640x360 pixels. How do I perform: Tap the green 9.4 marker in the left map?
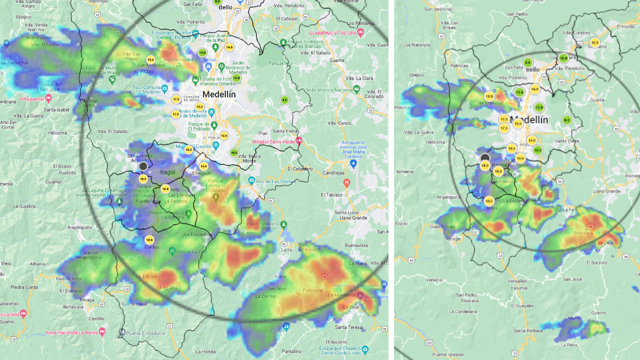(284, 100)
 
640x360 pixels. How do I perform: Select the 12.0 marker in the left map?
(236, 78)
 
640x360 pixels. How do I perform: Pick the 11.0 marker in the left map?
(202, 52)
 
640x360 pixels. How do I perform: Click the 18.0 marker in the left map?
(143, 178)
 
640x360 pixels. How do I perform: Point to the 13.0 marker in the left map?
(150, 60)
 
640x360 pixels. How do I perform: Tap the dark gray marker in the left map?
(143, 166)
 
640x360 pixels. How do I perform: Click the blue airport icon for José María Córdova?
(353, 163)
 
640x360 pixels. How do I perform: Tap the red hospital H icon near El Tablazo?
(346, 182)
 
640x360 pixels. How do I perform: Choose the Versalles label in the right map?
(517, 281)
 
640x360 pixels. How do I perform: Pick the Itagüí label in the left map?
(167, 172)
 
